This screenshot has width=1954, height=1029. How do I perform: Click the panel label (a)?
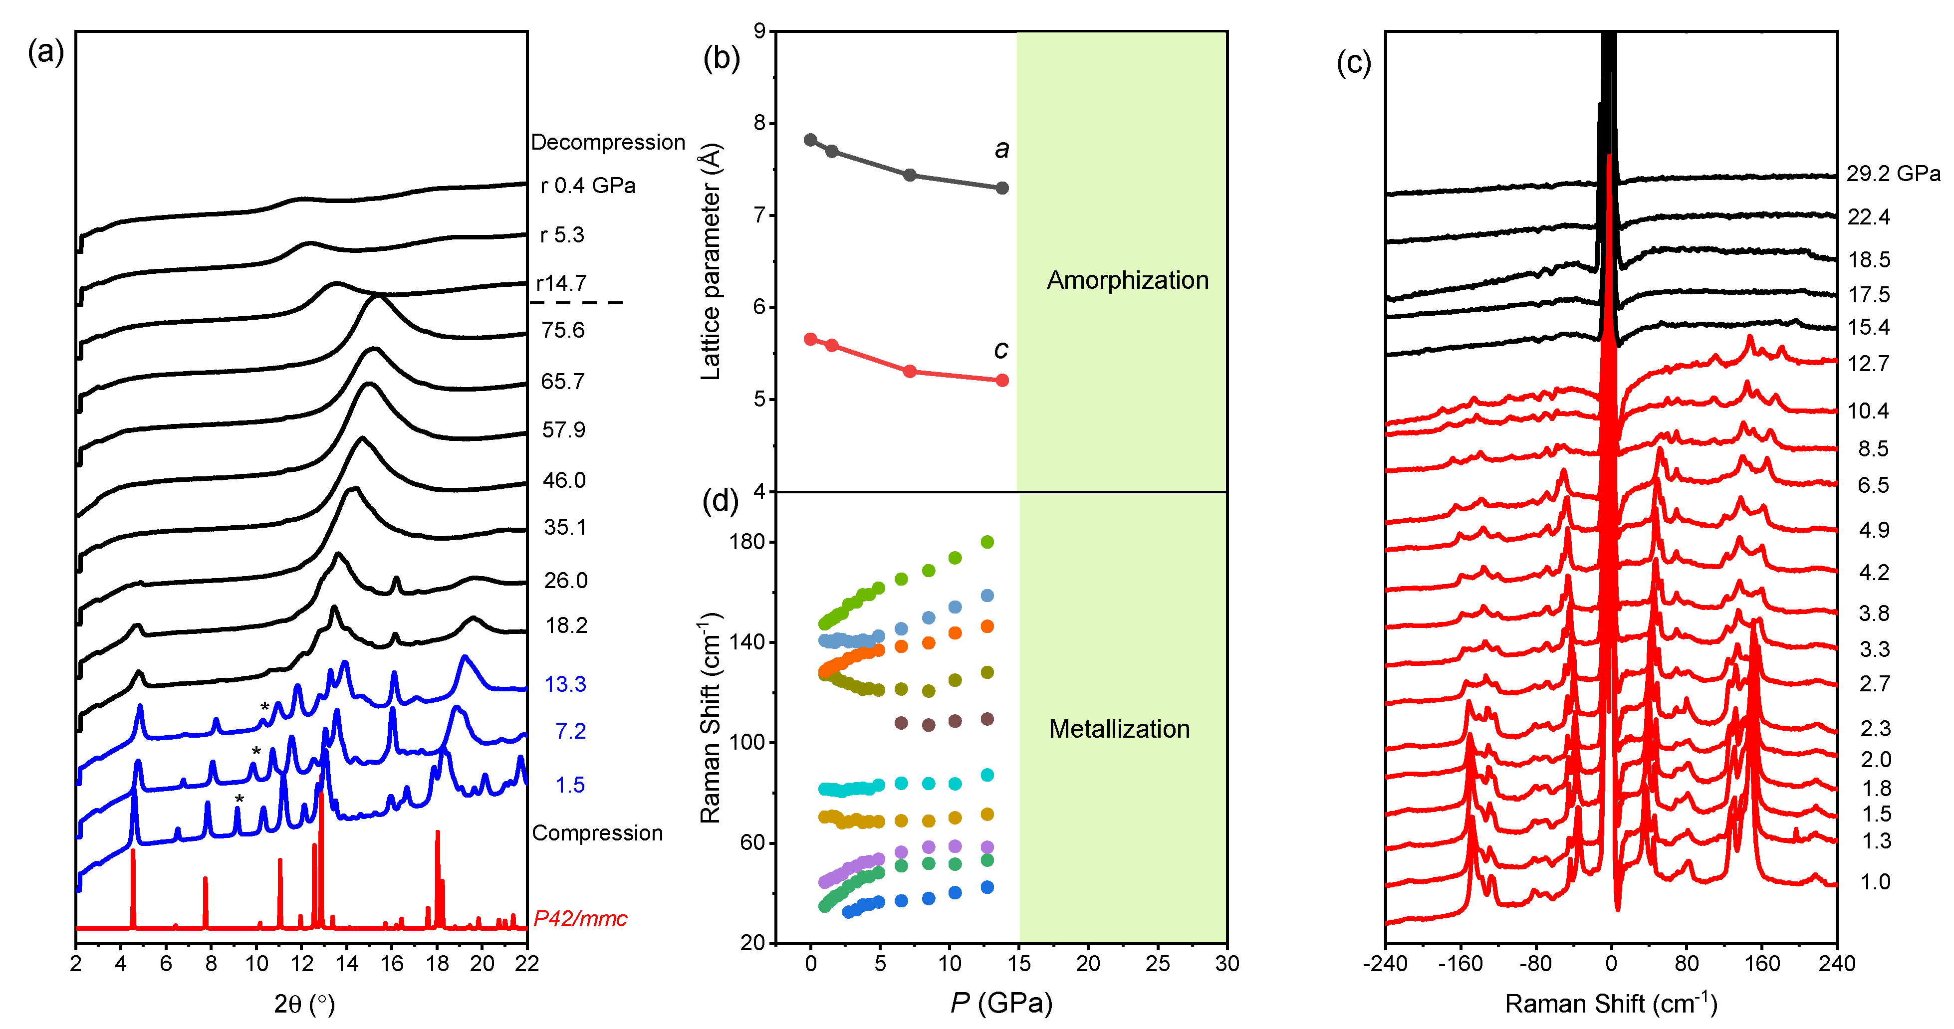[x=45, y=52]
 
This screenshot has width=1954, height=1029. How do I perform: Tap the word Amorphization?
[x=1127, y=280]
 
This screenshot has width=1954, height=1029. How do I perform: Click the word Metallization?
[x=1119, y=729]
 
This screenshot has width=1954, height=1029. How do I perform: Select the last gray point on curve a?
[x=1002, y=188]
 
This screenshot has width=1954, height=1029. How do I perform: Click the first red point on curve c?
[x=810, y=339]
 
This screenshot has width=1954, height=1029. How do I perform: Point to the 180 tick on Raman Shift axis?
[x=747, y=542]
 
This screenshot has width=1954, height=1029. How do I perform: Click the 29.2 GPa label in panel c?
[x=1893, y=174]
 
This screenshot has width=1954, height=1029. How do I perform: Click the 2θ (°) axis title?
[x=304, y=1004]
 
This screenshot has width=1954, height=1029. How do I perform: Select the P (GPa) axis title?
[x=1001, y=1003]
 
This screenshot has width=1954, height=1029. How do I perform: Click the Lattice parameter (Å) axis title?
[x=710, y=261]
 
